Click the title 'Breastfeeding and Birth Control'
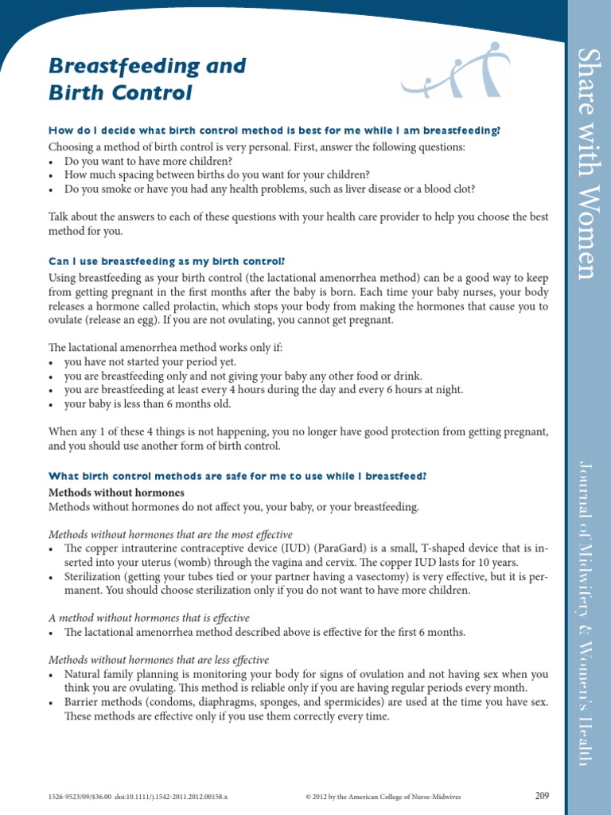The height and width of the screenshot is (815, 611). click(x=148, y=79)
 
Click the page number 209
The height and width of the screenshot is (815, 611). click(x=542, y=795)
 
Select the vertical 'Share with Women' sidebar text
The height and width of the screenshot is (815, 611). click(x=586, y=163)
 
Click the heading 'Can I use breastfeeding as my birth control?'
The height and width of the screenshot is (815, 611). click(x=166, y=261)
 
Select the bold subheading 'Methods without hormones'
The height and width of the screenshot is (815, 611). click(x=116, y=493)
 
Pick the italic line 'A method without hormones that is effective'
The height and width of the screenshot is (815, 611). click(x=149, y=618)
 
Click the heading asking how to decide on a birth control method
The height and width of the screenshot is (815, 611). click(x=274, y=131)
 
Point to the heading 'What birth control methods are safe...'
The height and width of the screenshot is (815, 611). click(x=238, y=476)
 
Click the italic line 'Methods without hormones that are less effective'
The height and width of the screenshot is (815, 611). click(x=159, y=660)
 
